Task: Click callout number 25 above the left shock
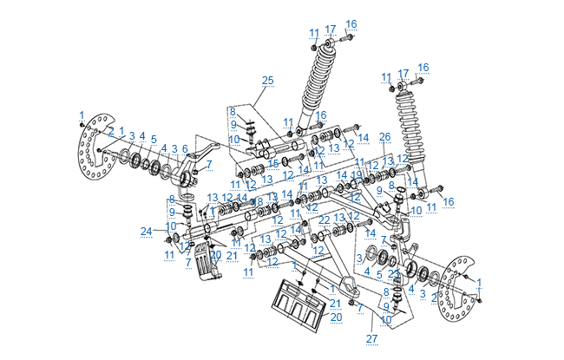(x=267, y=81)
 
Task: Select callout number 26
(x=385, y=137)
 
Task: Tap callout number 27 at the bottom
(x=372, y=338)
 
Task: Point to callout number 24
(x=146, y=231)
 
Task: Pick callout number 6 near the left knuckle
(x=184, y=148)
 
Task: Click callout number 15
(x=273, y=163)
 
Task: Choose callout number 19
(x=357, y=175)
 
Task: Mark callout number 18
(x=259, y=202)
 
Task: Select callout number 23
(x=393, y=273)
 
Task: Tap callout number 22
(x=324, y=220)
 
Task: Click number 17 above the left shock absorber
(x=331, y=29)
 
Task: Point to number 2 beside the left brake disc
(x=111, y=130)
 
